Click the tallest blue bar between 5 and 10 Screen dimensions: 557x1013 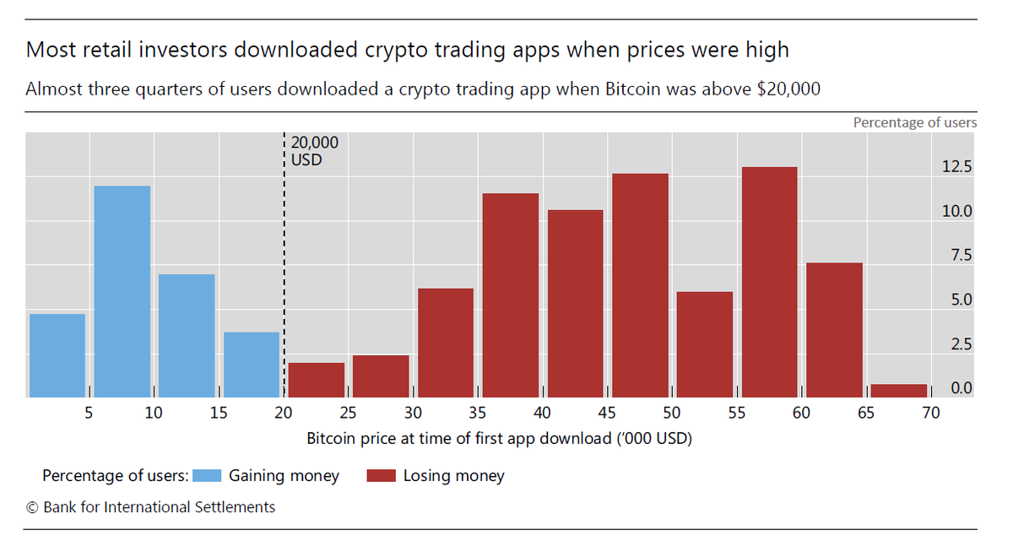[122, 291]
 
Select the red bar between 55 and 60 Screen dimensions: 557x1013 [770, 282]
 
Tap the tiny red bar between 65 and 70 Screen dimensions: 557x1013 [899, 391]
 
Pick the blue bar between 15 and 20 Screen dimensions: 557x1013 [252, 365]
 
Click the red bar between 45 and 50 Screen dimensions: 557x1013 [640, 285]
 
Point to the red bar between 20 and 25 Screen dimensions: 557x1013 [317, 380]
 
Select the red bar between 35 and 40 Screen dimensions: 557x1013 [511, 295]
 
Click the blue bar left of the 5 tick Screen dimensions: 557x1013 [57, 355]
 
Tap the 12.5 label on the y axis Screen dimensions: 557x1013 [957, 166]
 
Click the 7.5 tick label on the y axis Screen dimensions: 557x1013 [961, 255]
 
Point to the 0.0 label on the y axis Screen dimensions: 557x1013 [961, 388]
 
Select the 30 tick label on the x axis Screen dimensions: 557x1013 [413, 413]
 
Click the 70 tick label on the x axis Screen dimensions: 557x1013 [930, 413]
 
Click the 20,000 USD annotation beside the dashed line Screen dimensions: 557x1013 [314, 151]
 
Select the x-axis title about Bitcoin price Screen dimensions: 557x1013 [499, 439]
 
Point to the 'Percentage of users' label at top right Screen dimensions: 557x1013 [914, 122]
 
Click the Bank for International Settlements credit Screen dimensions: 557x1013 [150, 507]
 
